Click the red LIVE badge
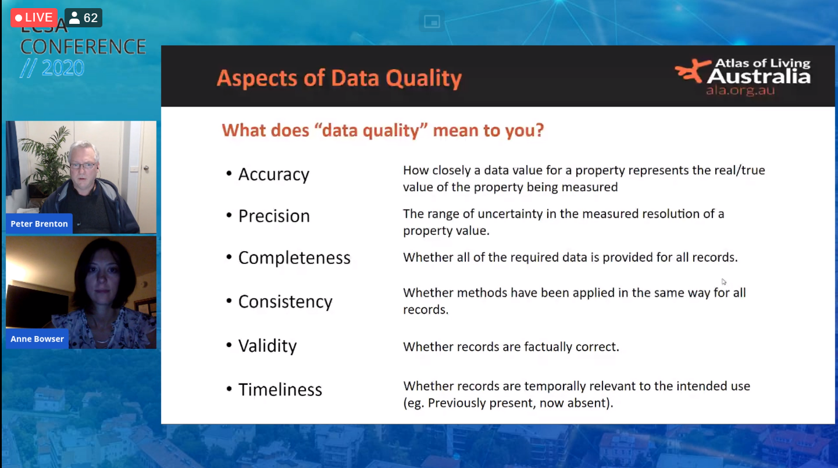click(x=34, y=17)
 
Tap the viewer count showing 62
click(x=83, y=17)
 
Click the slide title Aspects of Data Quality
click(x=339, y=78)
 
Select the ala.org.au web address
click(x=740, y=91)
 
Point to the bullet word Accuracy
click(x=274, y=174)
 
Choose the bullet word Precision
click(x=274, y=216)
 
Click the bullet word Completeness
click(x=294, y=258)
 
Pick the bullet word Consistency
click(x=285, y=302)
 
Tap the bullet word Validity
click(x=268, y=346)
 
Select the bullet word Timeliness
click(x=280, y=390)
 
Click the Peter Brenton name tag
click(x=40, y=224)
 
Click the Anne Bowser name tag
click(x=37, y=339)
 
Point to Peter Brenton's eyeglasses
click(x=83, y=166)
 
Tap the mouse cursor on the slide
click(x=723, y=282)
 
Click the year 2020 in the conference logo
click(x=63, y=68)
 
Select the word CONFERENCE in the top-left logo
click(x=83, y=47)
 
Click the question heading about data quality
click(x=382, y=131)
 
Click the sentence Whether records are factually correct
click(x=511, y=347)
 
